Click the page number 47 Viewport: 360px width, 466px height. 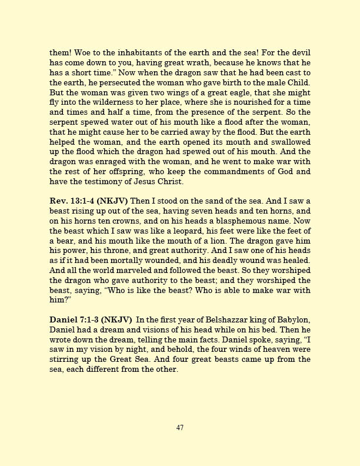pos(180,428)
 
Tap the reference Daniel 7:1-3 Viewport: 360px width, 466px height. pos(75,319)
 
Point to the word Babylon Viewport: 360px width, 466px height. pos(294,319)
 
